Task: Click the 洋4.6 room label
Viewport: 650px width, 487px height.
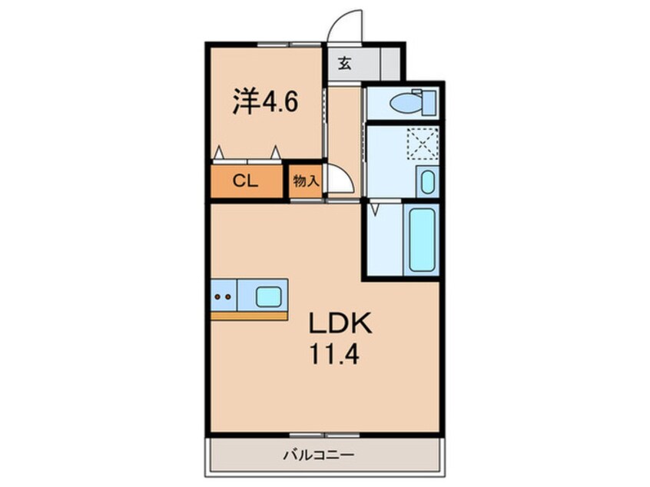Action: (264, 102)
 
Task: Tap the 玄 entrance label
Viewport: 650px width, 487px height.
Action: (345, 65)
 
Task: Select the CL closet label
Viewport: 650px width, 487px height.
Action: (246, 182)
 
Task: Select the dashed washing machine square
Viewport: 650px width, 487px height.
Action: (422, 143)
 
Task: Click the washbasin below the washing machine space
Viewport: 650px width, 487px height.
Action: (427, 182)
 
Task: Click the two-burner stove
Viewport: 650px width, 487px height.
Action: (224, 295)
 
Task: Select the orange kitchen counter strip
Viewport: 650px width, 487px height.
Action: (249, 315)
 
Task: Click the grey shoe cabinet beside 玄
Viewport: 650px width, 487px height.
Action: (390, 64)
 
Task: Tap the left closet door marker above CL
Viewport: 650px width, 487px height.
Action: (219, 153)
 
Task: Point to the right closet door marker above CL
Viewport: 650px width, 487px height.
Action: (274, 153)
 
